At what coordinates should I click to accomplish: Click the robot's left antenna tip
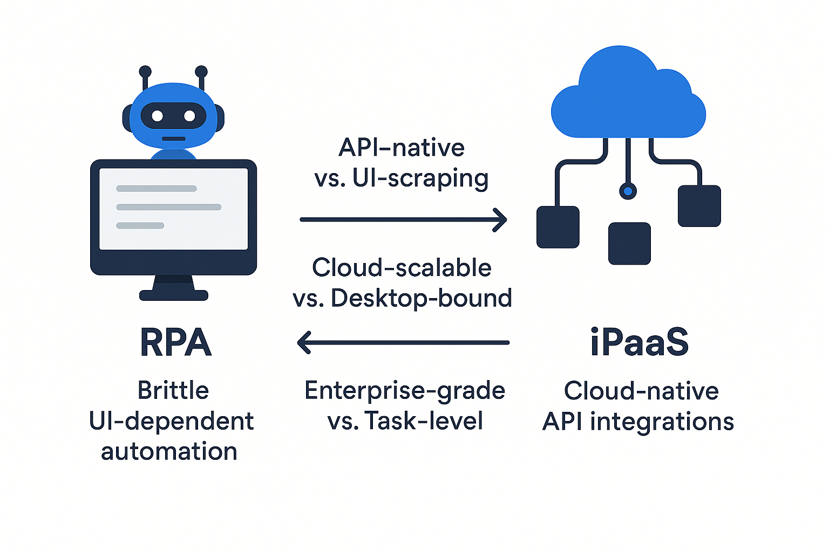(145, 72)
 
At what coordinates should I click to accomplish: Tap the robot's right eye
(189, 116)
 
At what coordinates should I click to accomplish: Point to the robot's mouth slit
(174, 139)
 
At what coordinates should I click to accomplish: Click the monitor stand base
(174, 295)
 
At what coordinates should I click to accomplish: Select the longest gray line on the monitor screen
(169, 207)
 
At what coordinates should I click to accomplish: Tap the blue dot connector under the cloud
(628, 191)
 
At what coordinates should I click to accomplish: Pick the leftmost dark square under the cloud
(558, 227)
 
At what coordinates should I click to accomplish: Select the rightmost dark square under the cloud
(699, 206)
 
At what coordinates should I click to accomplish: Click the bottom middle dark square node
(629, 244)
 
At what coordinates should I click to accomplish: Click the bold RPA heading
(175, 343)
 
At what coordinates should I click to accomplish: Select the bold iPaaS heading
(640, 343)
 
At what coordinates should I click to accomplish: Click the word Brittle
(173, 390)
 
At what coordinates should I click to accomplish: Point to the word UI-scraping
(420, 178)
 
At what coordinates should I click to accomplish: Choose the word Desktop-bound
(422, 299)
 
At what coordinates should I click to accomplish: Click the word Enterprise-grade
(405, 391)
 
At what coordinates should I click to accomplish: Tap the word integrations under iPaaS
(662, 422)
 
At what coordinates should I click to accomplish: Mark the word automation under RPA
(169, 451)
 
